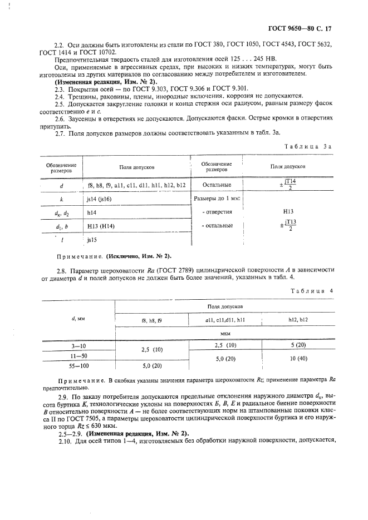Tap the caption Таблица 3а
[x=308, y=146]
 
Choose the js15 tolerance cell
[x=92, y=240]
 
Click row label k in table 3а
[x=61, y=197]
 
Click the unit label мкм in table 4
[x=225, y=334]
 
